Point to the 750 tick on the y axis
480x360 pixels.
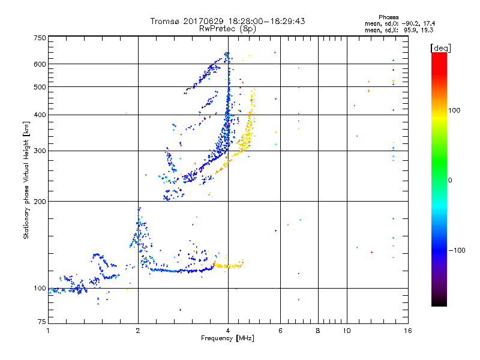coord(39,38)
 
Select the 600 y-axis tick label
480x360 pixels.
coord(39,64)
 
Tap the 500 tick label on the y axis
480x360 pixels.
coord(39,87)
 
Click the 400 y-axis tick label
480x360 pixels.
coord(39,115)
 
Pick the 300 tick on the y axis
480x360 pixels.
coord(39,151)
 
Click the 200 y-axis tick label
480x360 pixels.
coord(39,202)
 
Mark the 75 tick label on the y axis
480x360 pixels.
coord(41,323)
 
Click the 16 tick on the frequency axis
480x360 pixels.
coord(407,331)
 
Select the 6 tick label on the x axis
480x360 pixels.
coord(281,331)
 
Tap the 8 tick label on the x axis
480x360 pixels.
coord(318,331)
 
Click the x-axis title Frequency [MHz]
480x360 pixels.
coord(227,338)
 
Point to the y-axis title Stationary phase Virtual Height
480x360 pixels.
coord(26,180)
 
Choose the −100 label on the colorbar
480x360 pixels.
coord(460,250)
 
